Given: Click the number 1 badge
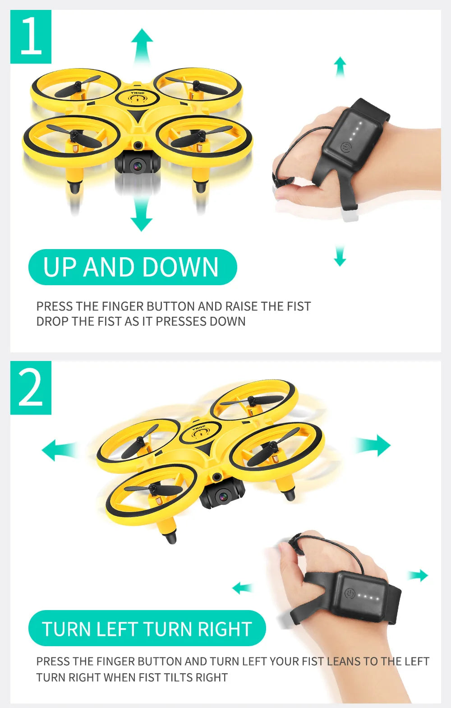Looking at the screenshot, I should click(31, 37).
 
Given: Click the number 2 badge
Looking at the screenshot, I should click(31, 388).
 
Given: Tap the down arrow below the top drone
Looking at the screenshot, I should click(142, 217).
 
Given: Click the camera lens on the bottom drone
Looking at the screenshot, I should click(223, 497).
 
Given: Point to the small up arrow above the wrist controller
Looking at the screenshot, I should click(340, 66).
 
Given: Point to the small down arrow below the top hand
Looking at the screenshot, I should click(340, 257).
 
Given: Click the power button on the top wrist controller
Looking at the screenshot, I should click(345, 148).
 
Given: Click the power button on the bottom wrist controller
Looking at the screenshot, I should click(350, 593).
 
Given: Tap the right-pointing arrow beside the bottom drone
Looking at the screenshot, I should click(373, 445).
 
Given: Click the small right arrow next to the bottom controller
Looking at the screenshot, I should click(419, 575).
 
